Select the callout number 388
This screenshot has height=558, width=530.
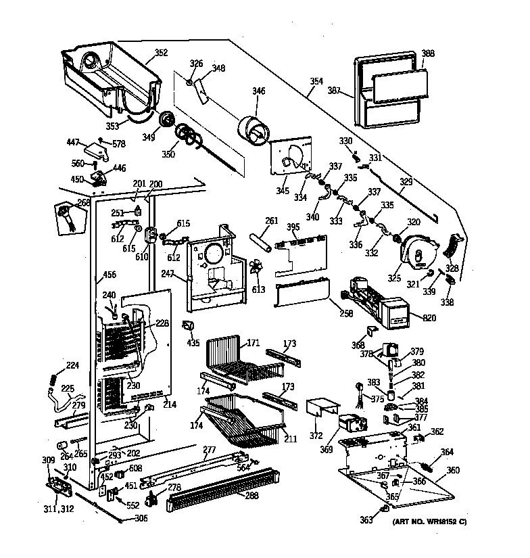pyautogui.click(x=428, y=53)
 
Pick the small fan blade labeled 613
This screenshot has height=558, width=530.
pyautogui.click(x=258, y=270)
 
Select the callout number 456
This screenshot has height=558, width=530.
pyautogui.click(x=108, y=275)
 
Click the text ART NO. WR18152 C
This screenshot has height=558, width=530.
pyautogui.click(x=429, y=521)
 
